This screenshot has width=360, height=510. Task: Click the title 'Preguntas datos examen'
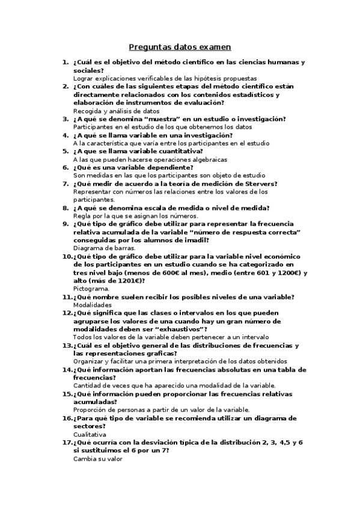(x=180, y=47)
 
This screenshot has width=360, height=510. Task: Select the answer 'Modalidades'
(x=93, y=305)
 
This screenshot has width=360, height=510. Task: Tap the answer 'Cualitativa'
(x=90, y=434)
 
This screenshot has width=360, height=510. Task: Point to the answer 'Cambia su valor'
(x=97, y=459)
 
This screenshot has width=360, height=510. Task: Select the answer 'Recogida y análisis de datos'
(x=116, y=111)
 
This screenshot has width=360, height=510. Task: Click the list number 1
(x=66, y=62)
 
